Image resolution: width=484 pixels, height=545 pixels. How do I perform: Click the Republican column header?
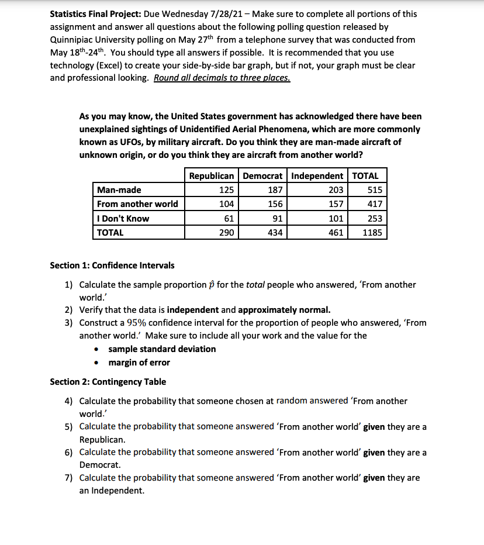[212, 175]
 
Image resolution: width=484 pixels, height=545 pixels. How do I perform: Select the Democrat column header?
[262, 175]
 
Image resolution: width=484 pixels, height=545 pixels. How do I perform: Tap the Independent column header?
[317, 175]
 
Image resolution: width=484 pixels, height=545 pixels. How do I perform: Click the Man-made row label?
[119, 189]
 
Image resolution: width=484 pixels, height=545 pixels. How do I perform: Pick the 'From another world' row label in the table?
[137, 204]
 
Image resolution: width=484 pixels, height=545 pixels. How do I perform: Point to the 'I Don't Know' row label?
[123, 219]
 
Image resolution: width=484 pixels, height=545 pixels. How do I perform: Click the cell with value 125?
[226, 189]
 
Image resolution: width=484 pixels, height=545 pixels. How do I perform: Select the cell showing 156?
[275, 204]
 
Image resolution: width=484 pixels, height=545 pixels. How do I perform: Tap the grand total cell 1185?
[372, 233]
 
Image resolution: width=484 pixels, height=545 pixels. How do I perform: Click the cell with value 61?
[229, 219]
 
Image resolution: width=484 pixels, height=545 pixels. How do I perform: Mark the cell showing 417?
[375, 204]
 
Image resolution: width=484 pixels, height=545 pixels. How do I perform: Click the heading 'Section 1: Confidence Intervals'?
[112, 265]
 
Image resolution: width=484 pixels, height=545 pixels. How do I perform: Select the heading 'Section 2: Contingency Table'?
[108, 382]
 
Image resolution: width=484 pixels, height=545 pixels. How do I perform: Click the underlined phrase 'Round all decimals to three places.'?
[222, 78]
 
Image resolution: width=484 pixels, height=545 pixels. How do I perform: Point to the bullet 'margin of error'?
[139, 363]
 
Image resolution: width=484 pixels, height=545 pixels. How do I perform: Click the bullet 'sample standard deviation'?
[162, 349]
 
